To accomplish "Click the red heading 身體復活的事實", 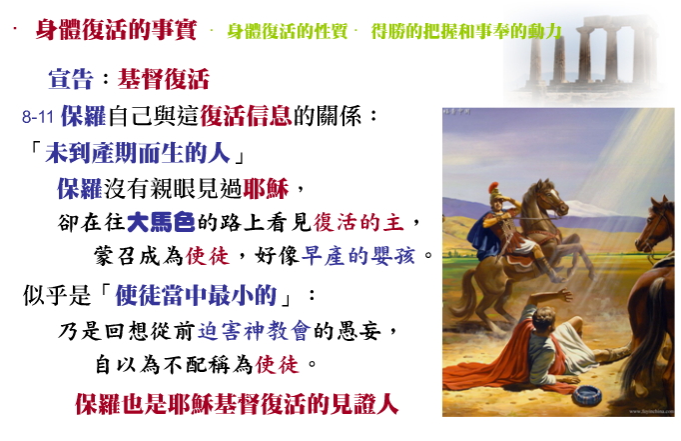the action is (116, 30).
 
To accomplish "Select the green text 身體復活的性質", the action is (288, 31).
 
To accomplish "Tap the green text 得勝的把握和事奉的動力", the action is (466, 31).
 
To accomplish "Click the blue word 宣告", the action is (71, 79).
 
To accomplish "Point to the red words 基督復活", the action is (164, 79).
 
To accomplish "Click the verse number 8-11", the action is (38, 117).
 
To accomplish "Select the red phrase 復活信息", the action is (246, 116).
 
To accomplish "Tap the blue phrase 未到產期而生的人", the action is (138, 153).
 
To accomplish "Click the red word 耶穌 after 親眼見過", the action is (266, 188).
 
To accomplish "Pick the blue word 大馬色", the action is (161, 222).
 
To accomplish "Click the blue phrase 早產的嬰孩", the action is (357, 256).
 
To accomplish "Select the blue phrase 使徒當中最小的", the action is (196, 295).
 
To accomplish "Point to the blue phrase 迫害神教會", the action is (255, 331).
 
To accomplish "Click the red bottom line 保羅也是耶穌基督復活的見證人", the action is (237, 404).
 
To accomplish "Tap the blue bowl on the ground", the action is (587, 395).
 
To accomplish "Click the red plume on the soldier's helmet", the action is (493, 188).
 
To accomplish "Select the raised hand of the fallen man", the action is (565, 295).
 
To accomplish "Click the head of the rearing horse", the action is (550, 197).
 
